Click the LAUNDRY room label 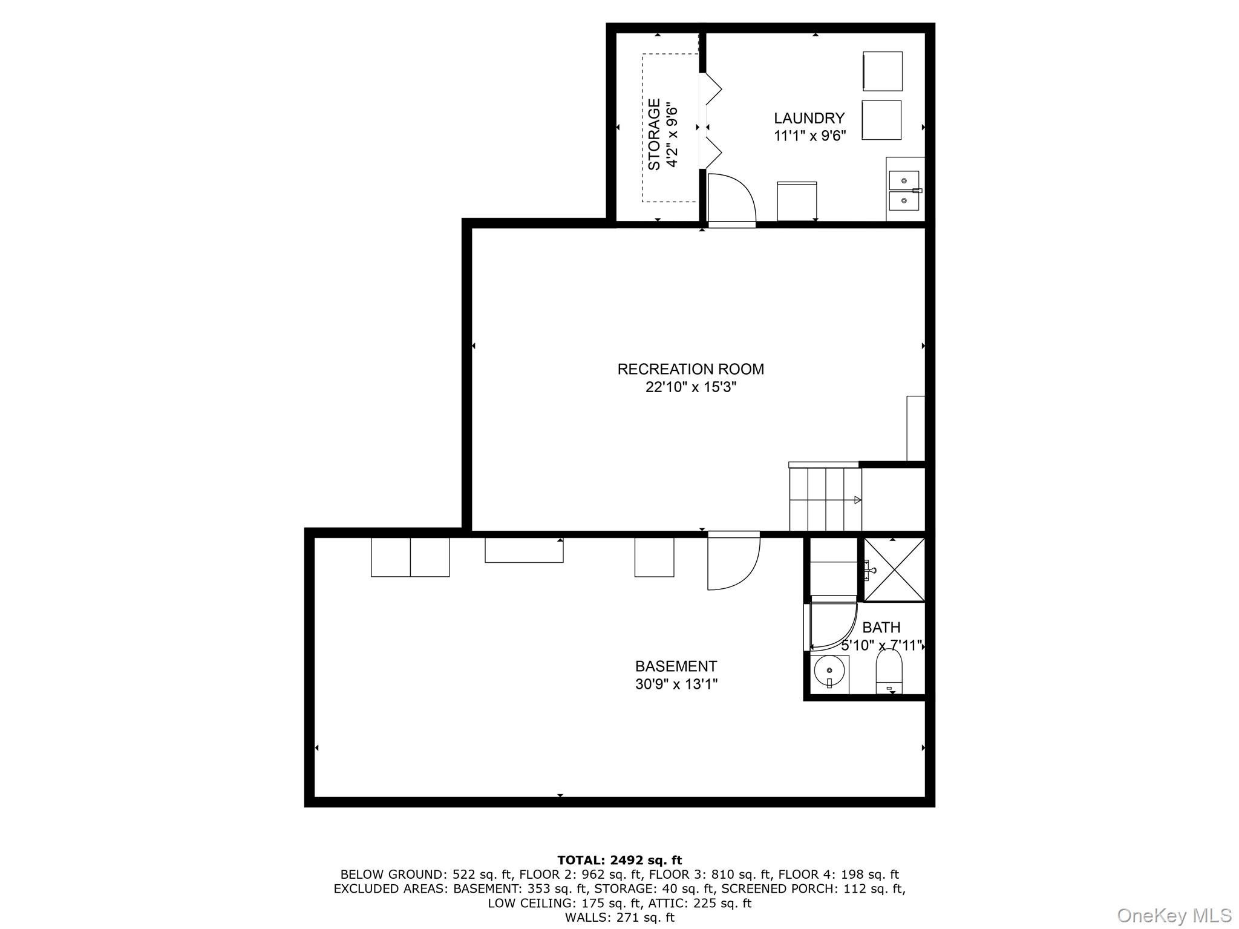click(809, 119)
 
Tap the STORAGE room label click(654, 134)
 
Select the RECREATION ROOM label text click(690, 369)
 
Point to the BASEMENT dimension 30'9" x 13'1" click(676, 684)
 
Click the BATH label click(881, 628)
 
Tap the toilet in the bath click(889, 672)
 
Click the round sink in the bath click(829, 672)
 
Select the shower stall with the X click(894, 570)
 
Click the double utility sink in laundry click(904, 190)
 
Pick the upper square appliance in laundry click(882, 71)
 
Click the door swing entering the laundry click(731, 199)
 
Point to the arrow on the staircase click(857, 500)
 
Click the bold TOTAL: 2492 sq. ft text click(619, 860)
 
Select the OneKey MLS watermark click(1174, 916)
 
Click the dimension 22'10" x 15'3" click(690, 387)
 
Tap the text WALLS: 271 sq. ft click(619, 918)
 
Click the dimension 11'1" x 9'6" click(809, 136)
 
